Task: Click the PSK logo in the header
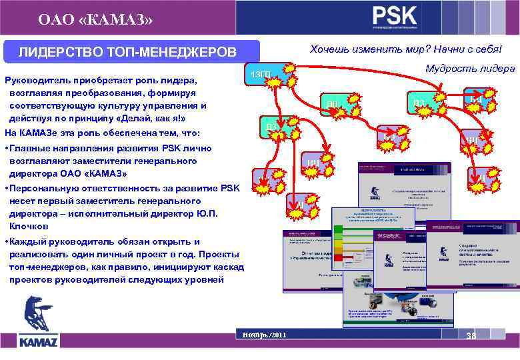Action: pyautogui.click(x=395, y=16)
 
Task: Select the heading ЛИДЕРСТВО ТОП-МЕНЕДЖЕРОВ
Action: pyautogui.click(x=127, y=52)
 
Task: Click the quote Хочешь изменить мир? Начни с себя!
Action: pyautogui.click(x=405, y=49)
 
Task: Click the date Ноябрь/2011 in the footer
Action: pyautogui.click(x=265, y=334)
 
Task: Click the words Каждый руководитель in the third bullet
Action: pyautogui.click(x=60, y=241)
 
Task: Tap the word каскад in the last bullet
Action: pyautogui.click(x=228, y=267)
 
